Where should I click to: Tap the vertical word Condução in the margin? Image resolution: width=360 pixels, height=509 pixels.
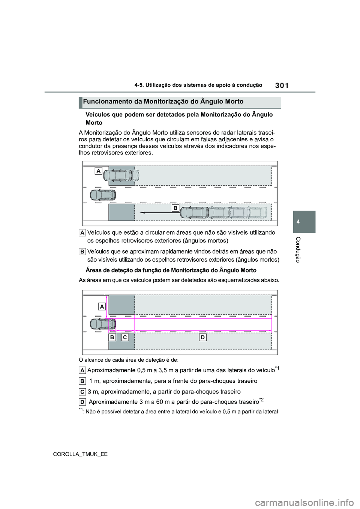(x=298, y=249)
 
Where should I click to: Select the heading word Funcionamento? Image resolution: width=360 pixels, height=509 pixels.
(x=107, y=102)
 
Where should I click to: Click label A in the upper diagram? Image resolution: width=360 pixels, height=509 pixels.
(x=98, y=171)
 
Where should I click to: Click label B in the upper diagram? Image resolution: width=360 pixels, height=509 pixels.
(x=175, y=208)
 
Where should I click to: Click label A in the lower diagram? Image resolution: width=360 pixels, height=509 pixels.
(x=102, y=307)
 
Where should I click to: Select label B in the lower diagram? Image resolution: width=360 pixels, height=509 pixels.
(x=112, y=337)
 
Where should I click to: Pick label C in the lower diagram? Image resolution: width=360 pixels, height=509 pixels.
(x=125, y=337)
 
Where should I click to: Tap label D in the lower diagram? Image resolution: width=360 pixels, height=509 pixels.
(x=202, y=337)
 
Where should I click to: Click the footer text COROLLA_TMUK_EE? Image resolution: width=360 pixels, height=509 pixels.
(x=80, y=454)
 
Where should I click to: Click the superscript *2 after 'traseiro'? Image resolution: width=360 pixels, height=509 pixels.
(x=262, y=400)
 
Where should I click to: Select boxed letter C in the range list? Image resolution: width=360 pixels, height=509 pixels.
(x=82, y=392)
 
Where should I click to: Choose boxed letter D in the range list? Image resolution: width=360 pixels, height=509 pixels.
(x=82, y=402)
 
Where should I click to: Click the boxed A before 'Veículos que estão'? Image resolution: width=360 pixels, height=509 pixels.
(x=82, y=233)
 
